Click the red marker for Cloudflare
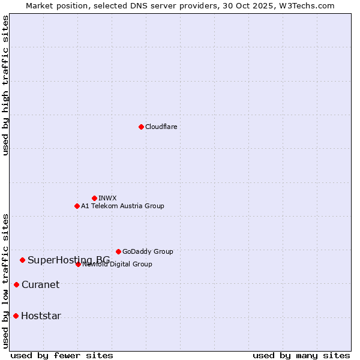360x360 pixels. [x=141, y=127]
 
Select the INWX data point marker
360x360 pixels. [x=94, y=198]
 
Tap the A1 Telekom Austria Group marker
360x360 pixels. [x=77, y=206]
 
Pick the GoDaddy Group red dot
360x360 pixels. [x=118, y=251]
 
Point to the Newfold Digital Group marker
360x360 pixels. [x=78, y=264]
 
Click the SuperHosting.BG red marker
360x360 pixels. [x=22, y=260]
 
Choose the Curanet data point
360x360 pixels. [x=16, y=284]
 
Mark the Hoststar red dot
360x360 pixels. [x=16, y=316]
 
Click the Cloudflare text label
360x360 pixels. [x=161, y=127]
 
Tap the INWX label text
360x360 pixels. [x=107, y=198]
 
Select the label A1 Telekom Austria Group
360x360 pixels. [x=122, y=206]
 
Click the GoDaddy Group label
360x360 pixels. [x=148, y=251]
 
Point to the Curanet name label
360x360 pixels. [x=40, y=284]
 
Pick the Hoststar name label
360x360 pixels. [x=41, y=316]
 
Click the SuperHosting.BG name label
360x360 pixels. [x=68, y=260]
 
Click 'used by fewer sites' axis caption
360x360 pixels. [x=62, y=355]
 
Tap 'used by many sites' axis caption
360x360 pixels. [x=301, y=355]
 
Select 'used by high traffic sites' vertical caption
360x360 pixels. [x=6, y=85]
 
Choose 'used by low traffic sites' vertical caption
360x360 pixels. [x=6, y=280]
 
